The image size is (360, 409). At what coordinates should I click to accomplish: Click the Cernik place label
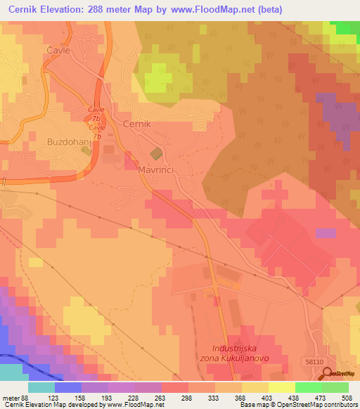click(x=137, y=124)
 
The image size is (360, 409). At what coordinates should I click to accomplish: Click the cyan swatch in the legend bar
click(x=41, y=387)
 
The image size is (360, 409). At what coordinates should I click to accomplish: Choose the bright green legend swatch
click(x=308, y=387)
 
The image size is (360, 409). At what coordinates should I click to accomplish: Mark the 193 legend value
click(x=109, y=398)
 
